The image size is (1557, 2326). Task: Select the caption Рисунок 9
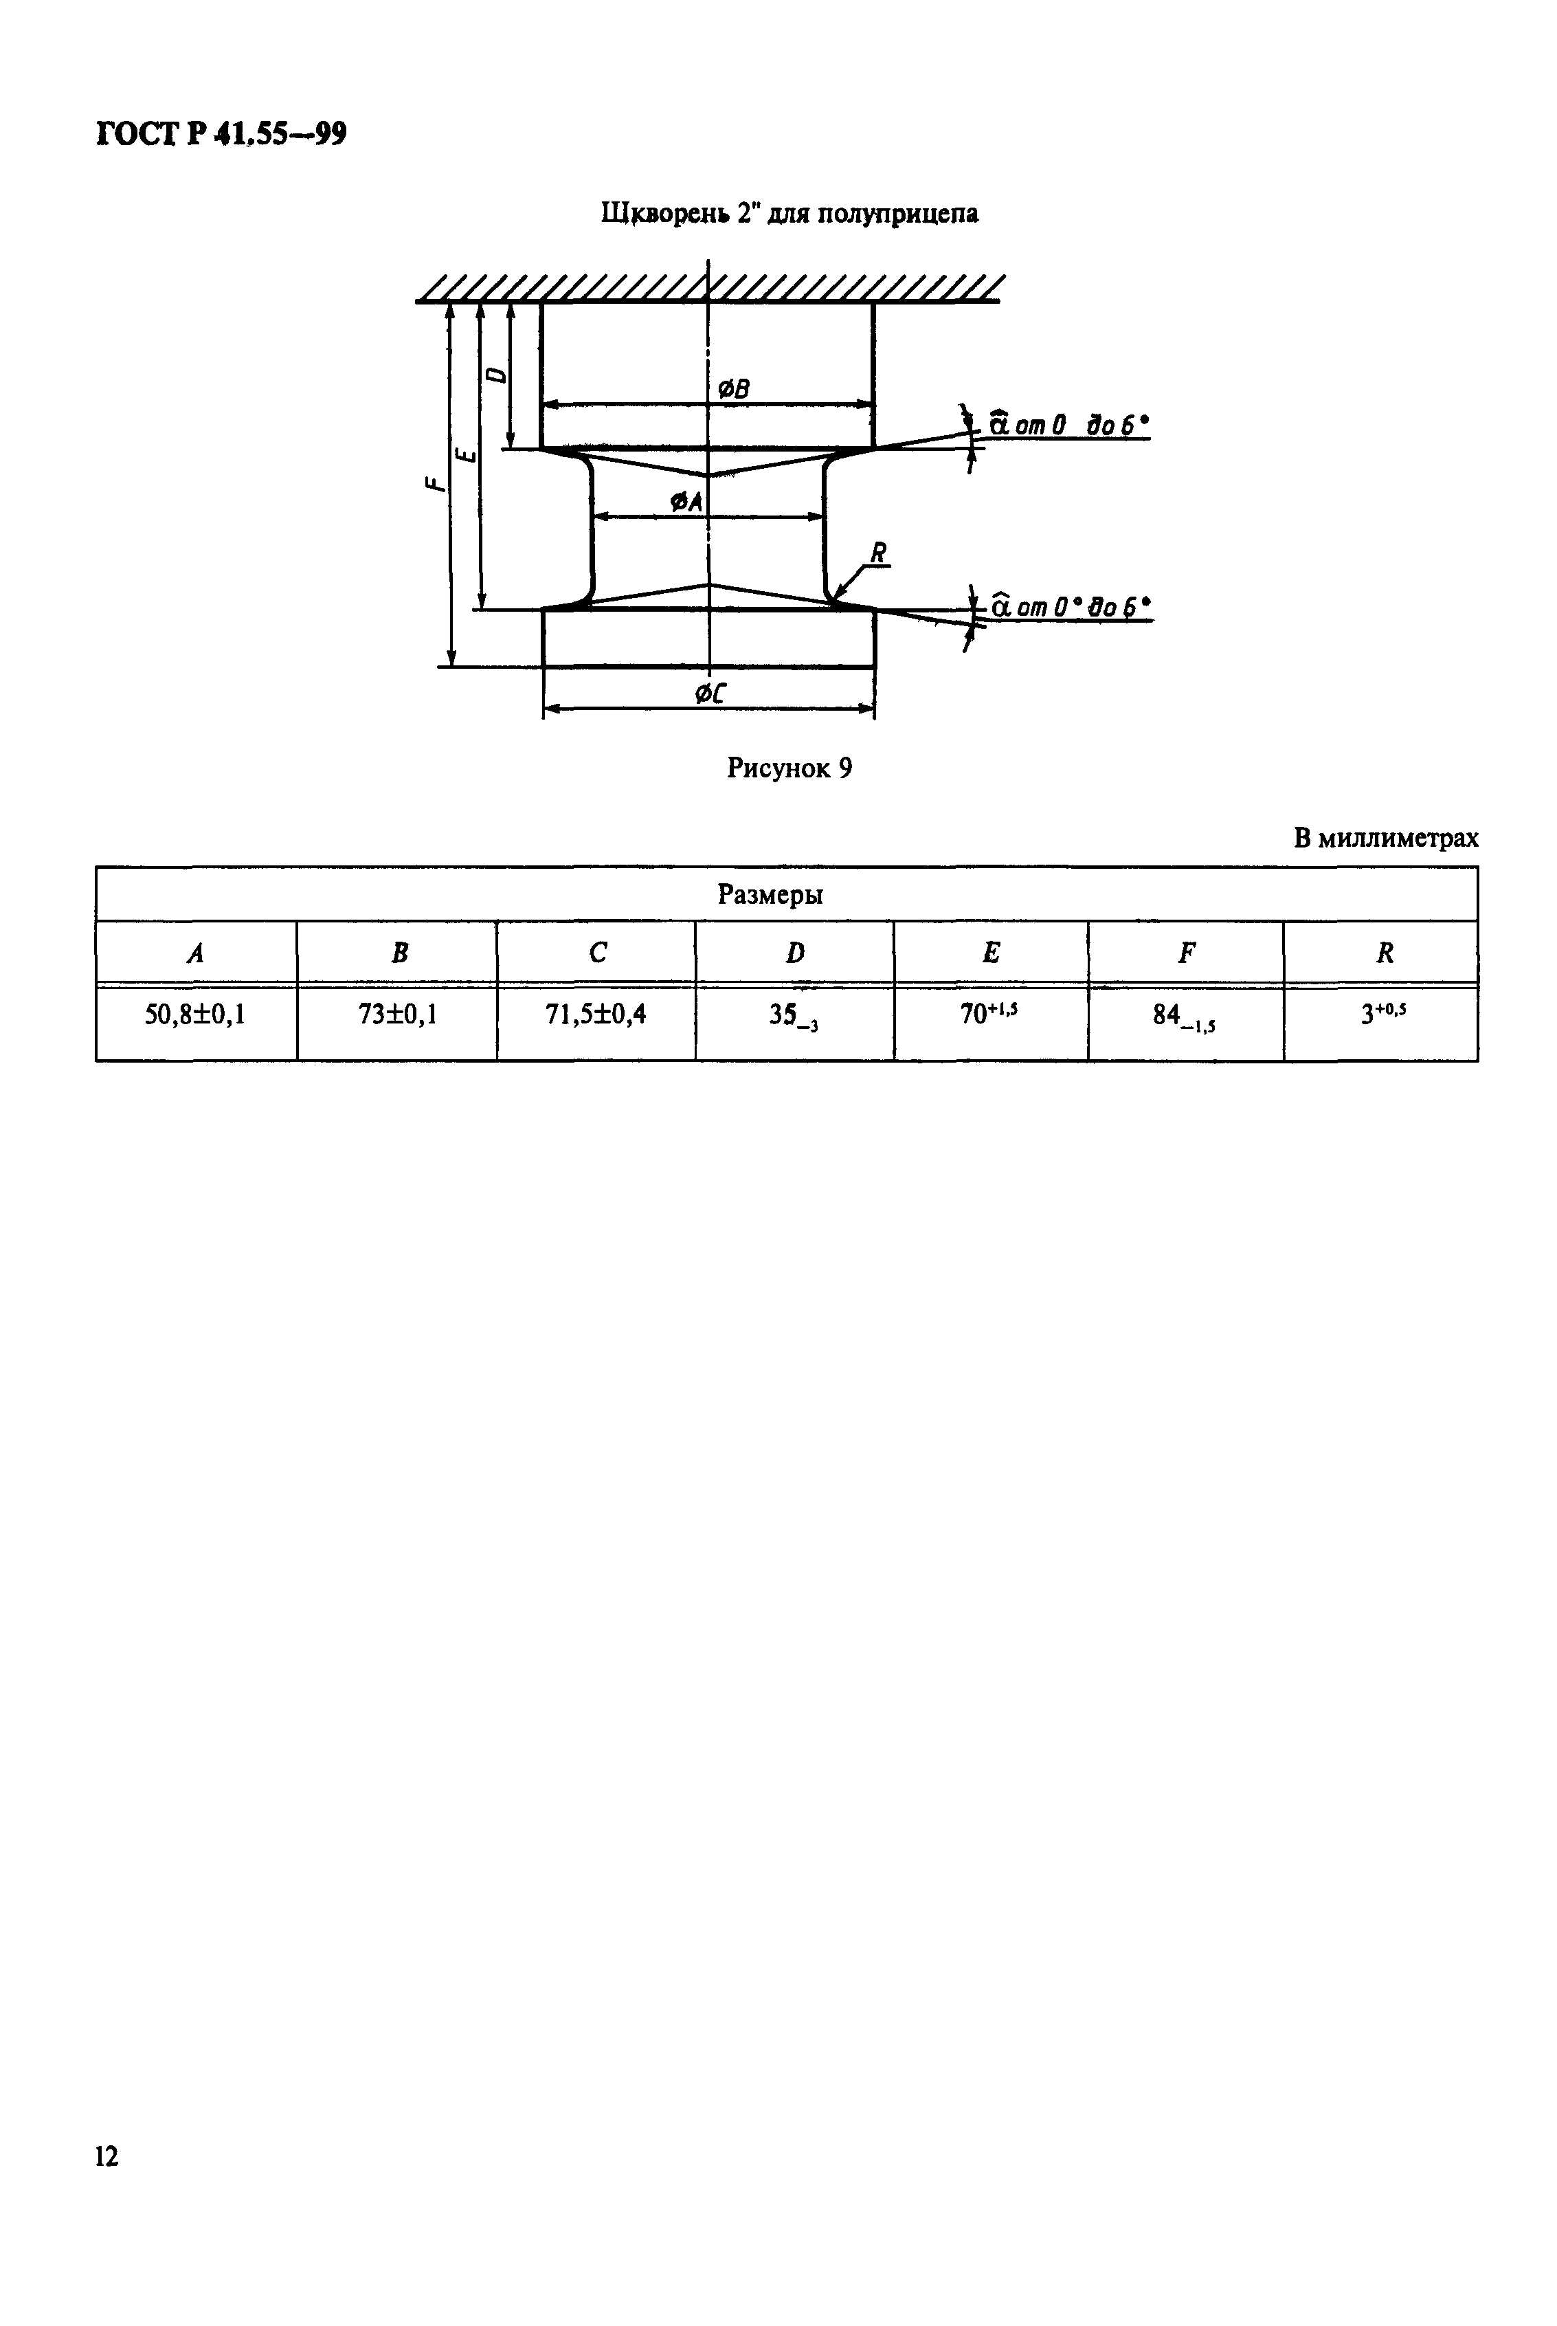(789, 768)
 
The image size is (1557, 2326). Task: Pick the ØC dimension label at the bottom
(709, 694)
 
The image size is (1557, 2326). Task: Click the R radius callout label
(878, 553)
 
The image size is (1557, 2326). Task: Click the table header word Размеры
(770, 895)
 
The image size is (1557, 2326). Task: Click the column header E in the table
(991, 953)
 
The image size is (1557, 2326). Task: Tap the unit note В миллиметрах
(1385, 839)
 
